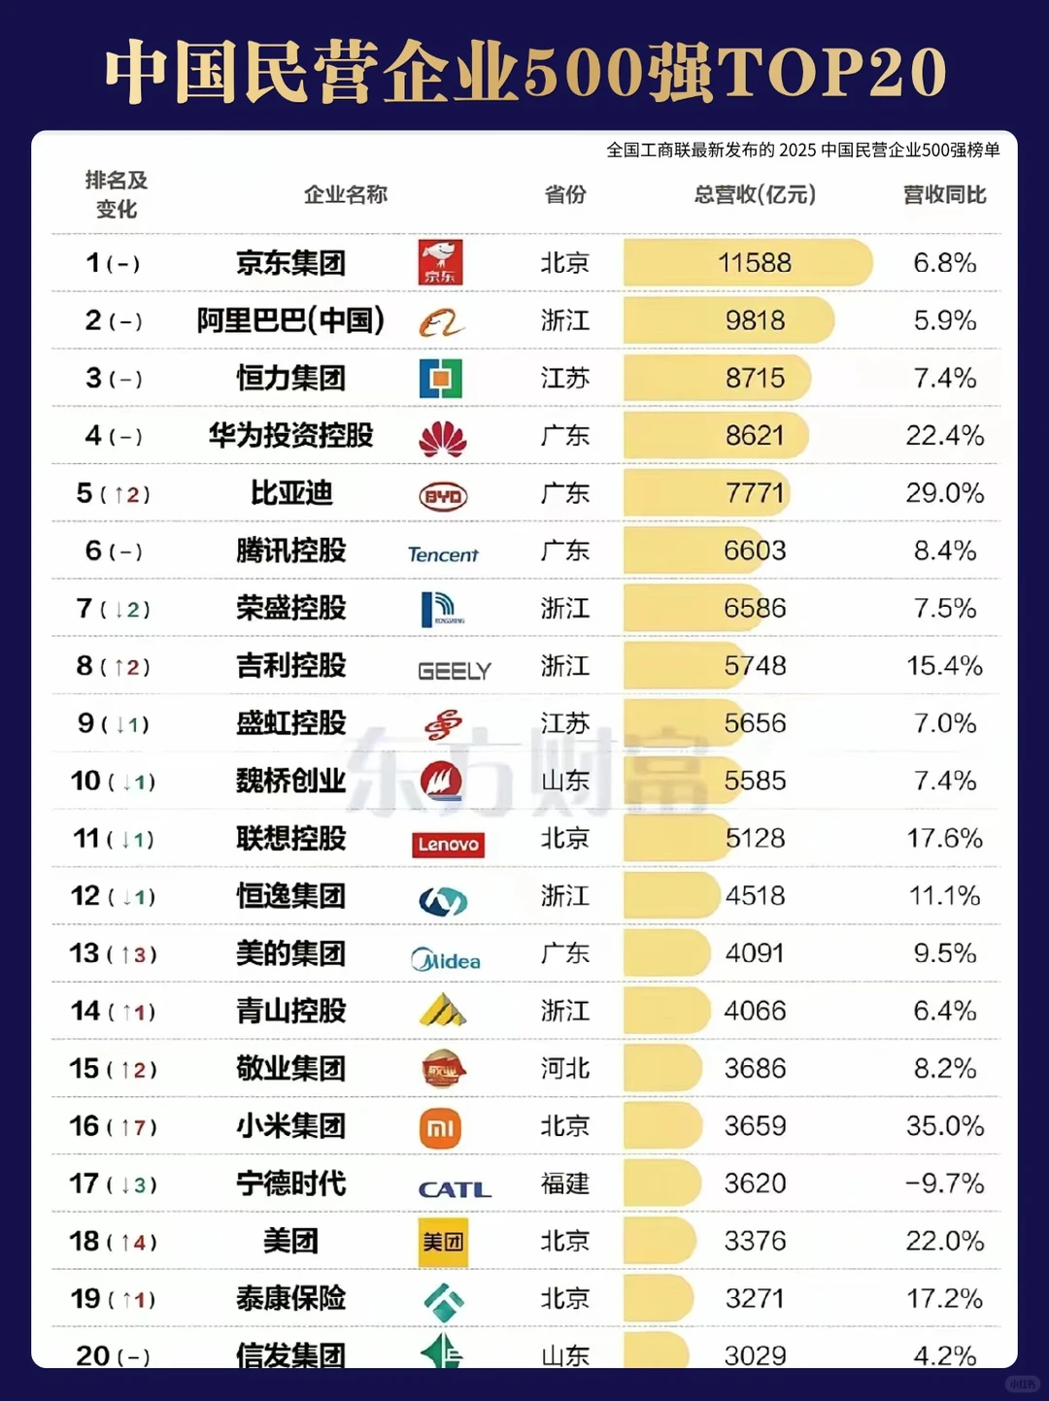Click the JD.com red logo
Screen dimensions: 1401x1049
[440, 262]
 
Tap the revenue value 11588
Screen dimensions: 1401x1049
[754, 263]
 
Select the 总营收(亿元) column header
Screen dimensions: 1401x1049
[755, 195]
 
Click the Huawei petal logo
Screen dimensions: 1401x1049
[442, 438]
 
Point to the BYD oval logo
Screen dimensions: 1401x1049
[443, 496]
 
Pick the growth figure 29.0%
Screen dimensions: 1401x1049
[944, 493]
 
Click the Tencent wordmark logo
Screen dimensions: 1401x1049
[443, 554]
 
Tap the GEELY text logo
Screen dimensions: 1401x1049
[454, 671]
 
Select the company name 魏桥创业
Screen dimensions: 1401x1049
[290, 781]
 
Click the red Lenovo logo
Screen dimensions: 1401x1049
[448, 845]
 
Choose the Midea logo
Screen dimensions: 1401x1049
[445, 960]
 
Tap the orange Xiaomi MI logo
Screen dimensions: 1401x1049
[440, 1128]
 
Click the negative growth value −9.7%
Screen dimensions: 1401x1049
[944, 1184]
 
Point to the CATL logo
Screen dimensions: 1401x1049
[454, 1189]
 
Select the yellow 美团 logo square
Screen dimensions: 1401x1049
[443, 1242]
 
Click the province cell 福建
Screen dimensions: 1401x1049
[564, 1184]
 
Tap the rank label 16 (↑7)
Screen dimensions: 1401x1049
[113, 1126]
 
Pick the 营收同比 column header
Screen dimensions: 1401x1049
[944, 195]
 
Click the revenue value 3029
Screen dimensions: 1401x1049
[755, 1355]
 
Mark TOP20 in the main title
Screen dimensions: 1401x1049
[831, 73]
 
